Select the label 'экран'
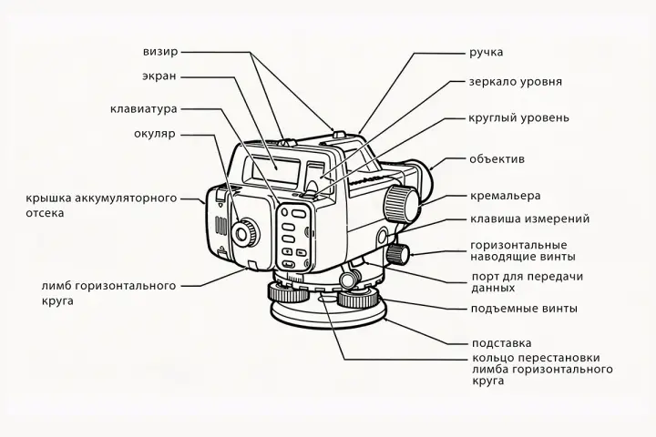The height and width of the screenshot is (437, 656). point(159,76)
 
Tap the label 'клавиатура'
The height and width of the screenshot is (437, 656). point(143,108)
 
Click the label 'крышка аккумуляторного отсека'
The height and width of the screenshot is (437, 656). point(101,205)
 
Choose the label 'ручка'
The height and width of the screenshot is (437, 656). point(486,52)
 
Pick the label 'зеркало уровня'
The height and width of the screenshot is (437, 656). point(515,81)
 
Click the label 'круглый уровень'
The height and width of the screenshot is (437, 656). point(518,117)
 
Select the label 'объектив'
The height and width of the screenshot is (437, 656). point(497,159)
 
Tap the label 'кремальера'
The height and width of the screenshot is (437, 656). point(505,195)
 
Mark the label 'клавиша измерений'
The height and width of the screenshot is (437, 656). point(528,218)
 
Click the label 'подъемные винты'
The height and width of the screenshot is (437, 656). point(523,308)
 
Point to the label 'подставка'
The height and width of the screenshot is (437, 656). point(500,343)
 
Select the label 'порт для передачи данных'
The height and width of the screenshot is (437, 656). point(526,281)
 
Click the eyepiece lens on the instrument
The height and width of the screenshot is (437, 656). point(243,232)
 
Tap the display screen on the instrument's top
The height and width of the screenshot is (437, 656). point(277,167)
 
